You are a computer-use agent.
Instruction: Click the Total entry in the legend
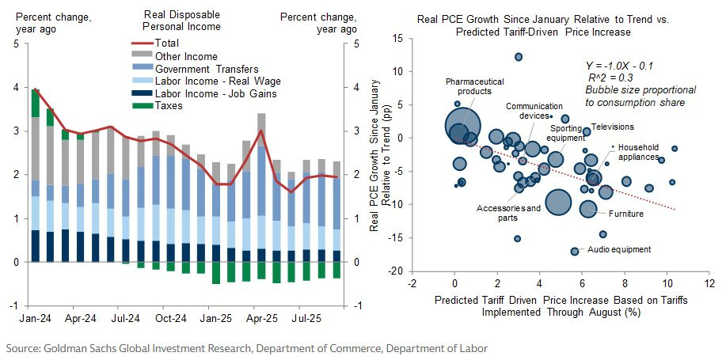pos(167,43)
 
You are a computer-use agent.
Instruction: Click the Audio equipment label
pos(619,250)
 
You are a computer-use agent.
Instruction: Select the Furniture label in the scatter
pos(625,214)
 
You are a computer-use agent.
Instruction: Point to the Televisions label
pos(613,127)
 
